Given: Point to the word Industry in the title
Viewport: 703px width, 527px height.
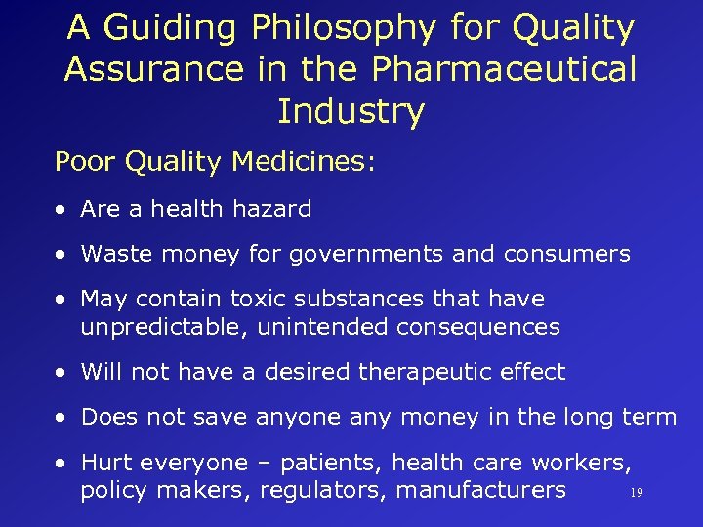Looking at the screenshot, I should [x=351, y=110].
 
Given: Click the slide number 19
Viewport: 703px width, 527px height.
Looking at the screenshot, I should [x=637, y=494].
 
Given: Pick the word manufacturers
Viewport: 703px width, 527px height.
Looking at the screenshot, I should [x=480, y=490].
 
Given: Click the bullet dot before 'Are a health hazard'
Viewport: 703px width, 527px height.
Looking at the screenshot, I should [x=62, y=210].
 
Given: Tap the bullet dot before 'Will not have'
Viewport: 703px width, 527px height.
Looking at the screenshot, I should [x=62, y=373].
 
